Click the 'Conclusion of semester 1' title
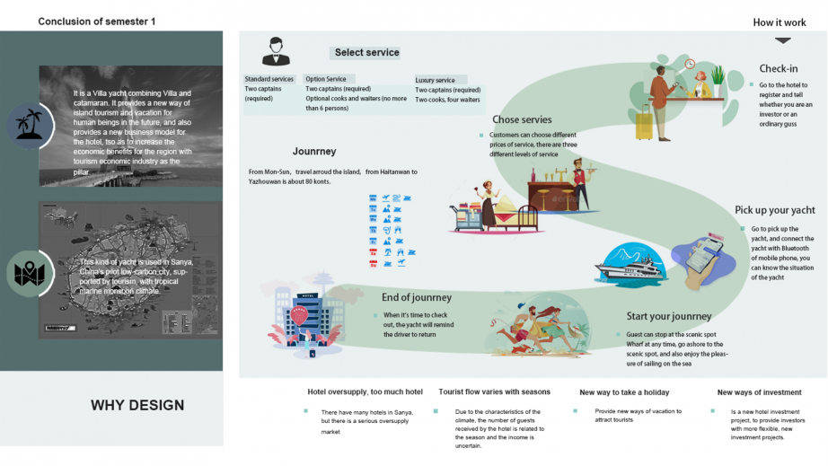96,21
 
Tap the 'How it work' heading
780,22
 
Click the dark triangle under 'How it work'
783,40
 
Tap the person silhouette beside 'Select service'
276,52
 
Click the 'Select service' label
366,53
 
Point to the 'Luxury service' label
435,80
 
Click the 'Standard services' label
269,79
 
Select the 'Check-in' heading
778,69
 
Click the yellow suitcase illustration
643,123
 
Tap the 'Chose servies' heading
522,119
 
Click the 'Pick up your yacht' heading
774,210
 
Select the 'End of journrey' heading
416,297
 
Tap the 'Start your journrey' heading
668,316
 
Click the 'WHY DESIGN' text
137,405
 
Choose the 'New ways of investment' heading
759,392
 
